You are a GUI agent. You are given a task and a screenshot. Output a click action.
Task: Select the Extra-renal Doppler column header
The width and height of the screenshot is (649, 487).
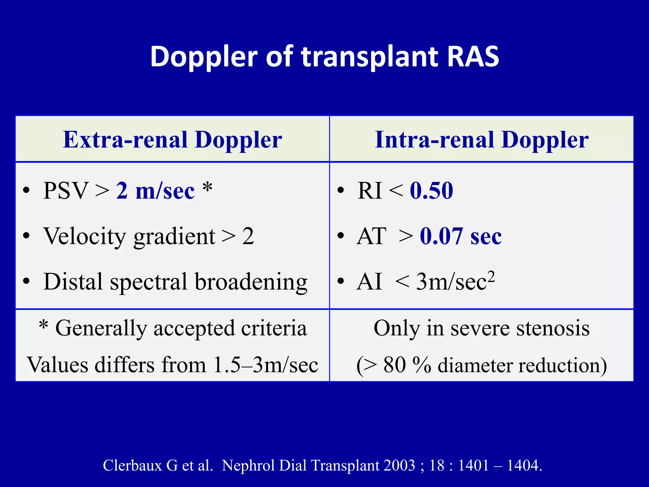click(172, 140)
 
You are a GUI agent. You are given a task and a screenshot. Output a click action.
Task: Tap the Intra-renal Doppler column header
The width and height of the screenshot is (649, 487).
click(481, 140)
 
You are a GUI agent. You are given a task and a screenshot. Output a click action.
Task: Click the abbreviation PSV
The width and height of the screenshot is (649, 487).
click(66, 191)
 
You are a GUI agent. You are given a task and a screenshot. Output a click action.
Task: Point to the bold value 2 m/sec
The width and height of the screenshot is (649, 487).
click(155, 191)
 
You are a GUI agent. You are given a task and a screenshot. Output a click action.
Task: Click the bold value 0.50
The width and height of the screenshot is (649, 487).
click(431, 191)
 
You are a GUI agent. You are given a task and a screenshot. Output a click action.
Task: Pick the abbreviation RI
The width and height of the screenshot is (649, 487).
click(369, 191)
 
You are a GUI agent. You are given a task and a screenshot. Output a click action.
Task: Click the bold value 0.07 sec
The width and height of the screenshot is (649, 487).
click(461, 237)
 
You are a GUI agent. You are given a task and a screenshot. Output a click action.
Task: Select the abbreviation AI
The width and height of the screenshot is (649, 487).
click(369, 282)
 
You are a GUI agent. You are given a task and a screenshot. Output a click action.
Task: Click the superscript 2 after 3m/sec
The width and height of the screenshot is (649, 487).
click(491, 276)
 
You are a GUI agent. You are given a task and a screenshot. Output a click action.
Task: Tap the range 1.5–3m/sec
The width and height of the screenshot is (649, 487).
click(266, 365)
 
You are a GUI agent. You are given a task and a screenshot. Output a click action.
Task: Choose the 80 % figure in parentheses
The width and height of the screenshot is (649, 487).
click(407, 365)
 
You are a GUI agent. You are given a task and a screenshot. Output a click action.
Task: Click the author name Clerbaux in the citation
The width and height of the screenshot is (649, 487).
click(132, 465)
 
